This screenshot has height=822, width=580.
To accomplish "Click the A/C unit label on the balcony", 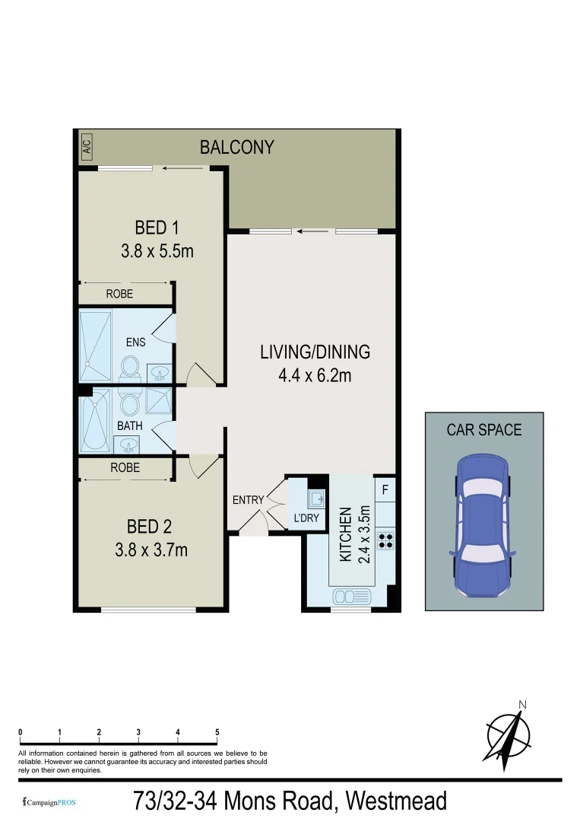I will click(87, 146).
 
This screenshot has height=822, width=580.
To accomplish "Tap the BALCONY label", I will click(236, 147).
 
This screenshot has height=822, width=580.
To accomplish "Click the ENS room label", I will click(135, 342).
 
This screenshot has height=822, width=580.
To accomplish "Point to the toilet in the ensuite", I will click(129, 369).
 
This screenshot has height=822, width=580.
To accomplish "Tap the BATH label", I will click(129, 426).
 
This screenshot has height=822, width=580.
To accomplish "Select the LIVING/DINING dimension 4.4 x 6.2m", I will click(315, 374).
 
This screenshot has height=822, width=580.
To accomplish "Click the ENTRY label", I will click(248, 500).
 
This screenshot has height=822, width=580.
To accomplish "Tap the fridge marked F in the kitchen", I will click(385, 489).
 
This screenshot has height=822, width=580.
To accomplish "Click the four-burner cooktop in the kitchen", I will click(385, 540).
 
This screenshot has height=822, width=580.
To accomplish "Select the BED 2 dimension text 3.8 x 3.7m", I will click(151, 548).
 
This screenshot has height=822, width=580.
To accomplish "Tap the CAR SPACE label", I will click(483, 430).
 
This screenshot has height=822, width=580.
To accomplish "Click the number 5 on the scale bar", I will click(217, 732).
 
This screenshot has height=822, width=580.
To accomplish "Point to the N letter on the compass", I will click(522, 704).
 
